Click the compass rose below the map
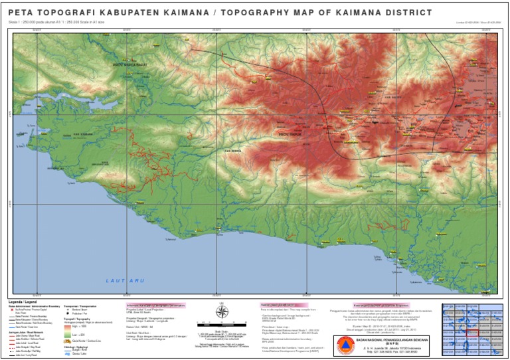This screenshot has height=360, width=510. tap(222, 312)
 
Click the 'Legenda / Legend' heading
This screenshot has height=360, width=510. tap(24, 302)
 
